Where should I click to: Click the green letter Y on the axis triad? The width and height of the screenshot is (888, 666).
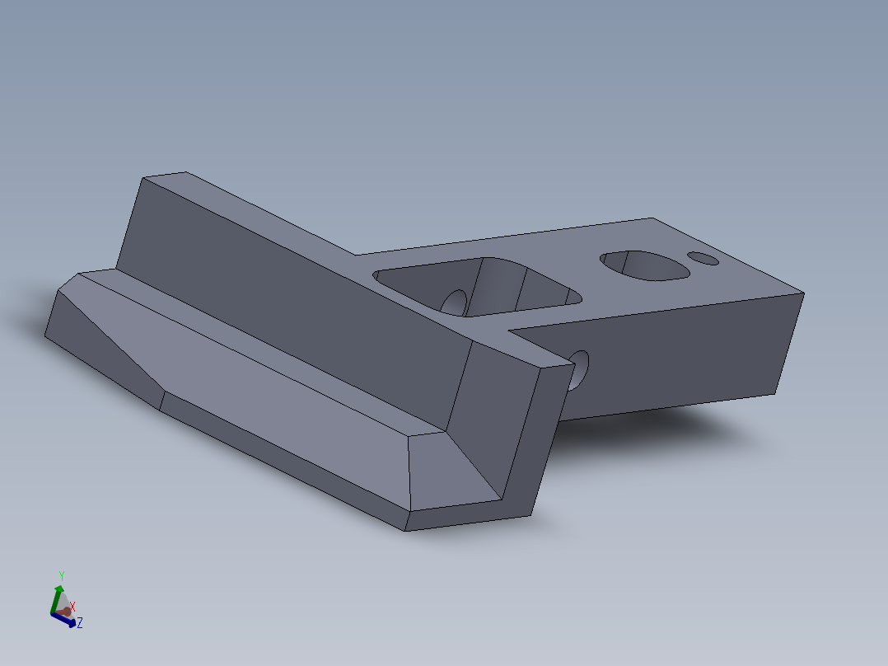click(62, 576)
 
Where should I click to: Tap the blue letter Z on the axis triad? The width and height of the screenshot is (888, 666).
click(80, 623)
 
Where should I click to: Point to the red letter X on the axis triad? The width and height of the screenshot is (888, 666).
click(72, 607)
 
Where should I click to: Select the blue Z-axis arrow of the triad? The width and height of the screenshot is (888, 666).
click(63, 620)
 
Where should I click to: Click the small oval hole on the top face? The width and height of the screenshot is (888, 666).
click(703, 259)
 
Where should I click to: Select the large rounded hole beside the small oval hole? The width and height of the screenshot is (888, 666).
click(644, 265)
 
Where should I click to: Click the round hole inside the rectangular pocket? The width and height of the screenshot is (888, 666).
click(454, 303)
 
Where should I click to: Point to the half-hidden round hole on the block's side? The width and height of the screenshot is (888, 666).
click(579, 370)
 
